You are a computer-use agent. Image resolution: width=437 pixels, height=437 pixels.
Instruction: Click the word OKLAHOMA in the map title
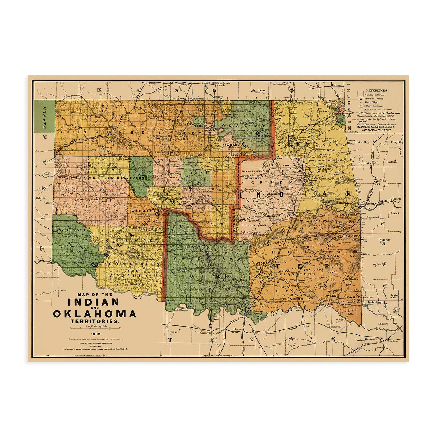coord(95,314)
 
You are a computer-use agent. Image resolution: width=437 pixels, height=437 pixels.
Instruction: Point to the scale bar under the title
coord(95,328)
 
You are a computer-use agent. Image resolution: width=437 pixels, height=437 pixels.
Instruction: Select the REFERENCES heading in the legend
coord(377,91)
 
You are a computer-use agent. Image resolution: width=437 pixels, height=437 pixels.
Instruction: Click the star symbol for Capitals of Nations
coord(362,99)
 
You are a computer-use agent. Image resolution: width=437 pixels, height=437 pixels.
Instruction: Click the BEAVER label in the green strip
coord(45,117)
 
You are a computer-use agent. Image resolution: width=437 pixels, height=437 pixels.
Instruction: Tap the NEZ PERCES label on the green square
coord(198,123)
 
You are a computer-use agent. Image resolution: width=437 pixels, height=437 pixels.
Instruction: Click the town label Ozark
coord(396,199)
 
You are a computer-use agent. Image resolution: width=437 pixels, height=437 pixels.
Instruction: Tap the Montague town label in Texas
coord(173,332)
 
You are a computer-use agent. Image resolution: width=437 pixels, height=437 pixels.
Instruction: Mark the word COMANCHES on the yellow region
coord(135,264)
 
